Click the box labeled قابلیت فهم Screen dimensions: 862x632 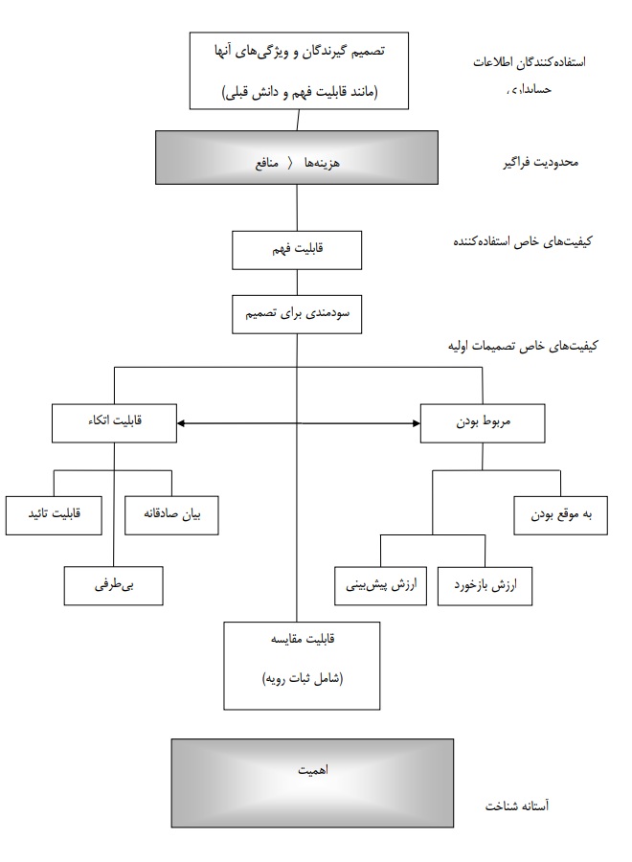click(295, 250)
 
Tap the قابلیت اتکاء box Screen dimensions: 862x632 click(114, 421)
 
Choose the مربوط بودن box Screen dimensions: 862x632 click(483, 421)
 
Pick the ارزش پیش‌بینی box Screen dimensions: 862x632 click(380, 584)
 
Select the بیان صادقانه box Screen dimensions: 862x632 click(172, 515)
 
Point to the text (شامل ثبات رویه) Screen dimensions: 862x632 click(302, 678)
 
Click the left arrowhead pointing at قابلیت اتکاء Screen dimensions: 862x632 click(183, 422)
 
